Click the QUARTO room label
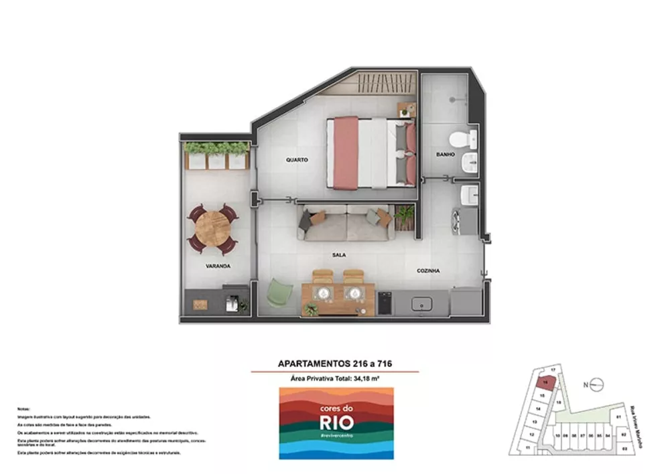(x=296, y=160)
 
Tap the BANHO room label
(x=446, y=155)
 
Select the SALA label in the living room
(x=338, y=255)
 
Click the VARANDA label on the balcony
(x=218, y=266)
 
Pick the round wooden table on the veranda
(x=212, y=227)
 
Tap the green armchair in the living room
(x=280, y=293)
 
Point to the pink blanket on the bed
(x=346, y=152)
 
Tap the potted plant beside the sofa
(x=405, y=215)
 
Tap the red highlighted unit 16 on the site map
(x=546, y=383)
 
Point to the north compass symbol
(x=598, y=384)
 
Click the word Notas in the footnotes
(x=23, y=408)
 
